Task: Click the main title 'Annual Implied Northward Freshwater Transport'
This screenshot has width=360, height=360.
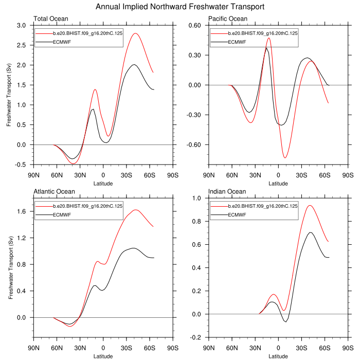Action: [x=180, y=7]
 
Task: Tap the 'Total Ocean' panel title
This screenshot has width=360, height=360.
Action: [x=49, y=19]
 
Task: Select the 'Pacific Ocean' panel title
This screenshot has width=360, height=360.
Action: [x=228, y=19]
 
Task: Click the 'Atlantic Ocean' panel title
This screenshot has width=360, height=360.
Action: [x=54, y=192]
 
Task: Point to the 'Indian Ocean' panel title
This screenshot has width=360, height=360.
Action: [x=227, y=192]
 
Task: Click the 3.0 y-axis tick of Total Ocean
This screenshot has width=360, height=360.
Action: [x=21, y=25]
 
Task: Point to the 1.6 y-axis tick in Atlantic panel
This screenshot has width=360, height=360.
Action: [x=21, y=211]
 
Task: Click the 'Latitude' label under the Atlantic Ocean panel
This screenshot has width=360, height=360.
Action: [x=103, y=356]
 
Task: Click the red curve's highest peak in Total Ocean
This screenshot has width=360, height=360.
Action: [x=135, y=33]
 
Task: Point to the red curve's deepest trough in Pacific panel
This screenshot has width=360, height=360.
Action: [x=285, y=157]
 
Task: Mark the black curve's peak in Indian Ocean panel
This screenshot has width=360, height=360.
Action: [x=310, y=232]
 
